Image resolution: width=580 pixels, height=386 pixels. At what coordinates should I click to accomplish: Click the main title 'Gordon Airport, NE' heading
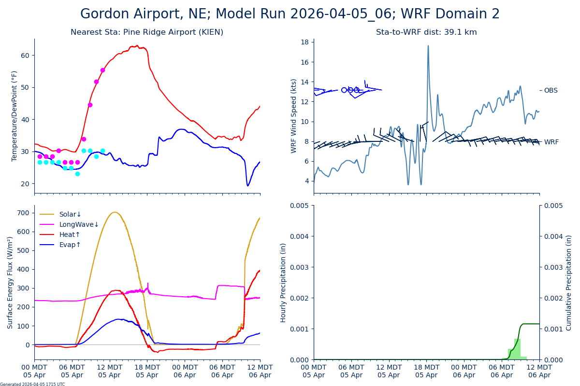coord(290,14)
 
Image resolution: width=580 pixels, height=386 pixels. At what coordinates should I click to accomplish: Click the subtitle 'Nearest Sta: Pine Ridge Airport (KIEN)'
coord(147,32)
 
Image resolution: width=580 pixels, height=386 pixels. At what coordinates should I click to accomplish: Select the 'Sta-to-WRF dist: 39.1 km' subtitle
coord(426,32)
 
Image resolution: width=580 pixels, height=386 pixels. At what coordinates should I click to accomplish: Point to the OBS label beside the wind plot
coord(551,90)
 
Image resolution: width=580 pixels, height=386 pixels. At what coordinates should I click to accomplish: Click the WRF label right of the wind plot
coord(551,142)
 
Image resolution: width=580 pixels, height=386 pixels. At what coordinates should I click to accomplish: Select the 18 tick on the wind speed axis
coord(305,42)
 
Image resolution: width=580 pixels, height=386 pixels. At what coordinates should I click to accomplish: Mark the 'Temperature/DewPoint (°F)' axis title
coord(14,116)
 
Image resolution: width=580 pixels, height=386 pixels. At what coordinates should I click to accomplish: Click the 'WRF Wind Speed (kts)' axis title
coord(294,116)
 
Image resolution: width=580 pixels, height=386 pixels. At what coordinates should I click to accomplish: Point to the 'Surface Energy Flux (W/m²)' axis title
coord(10,282)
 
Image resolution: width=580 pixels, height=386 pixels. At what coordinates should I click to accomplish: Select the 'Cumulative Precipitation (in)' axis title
coord(569,282)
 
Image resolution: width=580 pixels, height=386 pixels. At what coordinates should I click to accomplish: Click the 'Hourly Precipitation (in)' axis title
coord(283,282)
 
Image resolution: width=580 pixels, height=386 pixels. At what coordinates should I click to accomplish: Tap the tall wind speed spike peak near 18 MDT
coord(428,46)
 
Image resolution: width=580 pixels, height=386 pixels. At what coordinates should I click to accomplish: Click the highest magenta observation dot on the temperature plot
coord(102,70)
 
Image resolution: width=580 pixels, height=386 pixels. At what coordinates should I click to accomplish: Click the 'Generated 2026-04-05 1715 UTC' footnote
coord(32,384)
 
